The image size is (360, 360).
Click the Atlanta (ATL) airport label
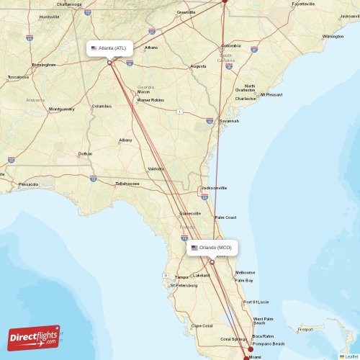109,48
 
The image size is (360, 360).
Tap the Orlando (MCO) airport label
212,248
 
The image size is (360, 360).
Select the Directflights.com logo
35,337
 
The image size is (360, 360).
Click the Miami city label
256,356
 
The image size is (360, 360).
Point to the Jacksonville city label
214,188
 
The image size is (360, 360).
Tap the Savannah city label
229,121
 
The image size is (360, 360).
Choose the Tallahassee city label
127,184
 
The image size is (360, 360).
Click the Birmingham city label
44,64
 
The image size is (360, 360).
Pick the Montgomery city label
61,109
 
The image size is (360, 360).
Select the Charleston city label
246,98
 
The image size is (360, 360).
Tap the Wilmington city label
333,36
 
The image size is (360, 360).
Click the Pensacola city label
28,184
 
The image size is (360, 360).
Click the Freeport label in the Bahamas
305,330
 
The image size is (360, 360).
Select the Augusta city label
198,66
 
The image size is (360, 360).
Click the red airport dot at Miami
250,350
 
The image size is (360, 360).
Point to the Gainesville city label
191,214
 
